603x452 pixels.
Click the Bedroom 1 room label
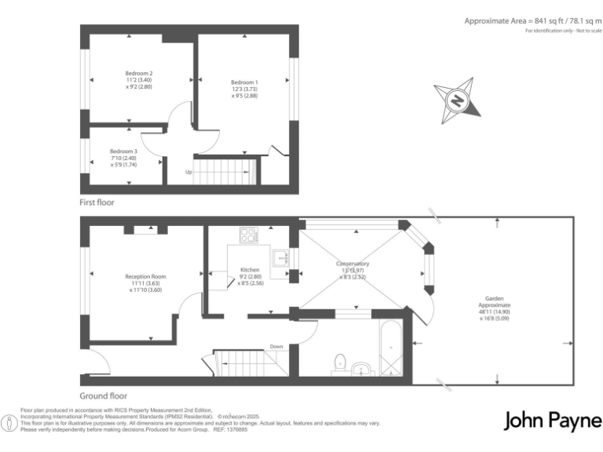(x=243, y=82)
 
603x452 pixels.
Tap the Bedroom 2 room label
(x=127, y=74)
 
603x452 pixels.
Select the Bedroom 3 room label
(x=123, y=151)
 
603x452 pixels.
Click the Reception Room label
(x=145, y=276)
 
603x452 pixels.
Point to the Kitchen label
(x=250, y=270)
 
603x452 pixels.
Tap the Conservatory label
(x=353, y=264)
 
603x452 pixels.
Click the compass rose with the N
(x=455, y=100)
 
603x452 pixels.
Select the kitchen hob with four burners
(x=249, y=233)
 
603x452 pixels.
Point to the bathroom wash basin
(x=362, y=369)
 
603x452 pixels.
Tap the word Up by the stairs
(x=188, y=172)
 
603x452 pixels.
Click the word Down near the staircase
(x=276, y=346)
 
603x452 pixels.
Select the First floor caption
(x=97, y=202)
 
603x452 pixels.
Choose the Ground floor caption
(x=103, y=396)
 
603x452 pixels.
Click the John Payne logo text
(x=552, y=420)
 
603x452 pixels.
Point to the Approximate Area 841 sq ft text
(x=532, y=20)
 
